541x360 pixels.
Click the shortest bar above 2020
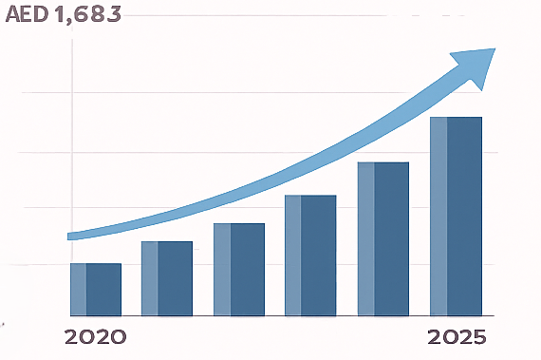click(x=95, y=290)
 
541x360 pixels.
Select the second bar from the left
click(x=167, y=278)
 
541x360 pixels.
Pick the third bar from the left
click(x=239, y=270)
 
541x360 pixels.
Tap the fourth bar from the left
click(x=310, y=256)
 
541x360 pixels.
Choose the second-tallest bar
click(x=382, y=238)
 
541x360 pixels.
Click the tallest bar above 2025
click(x=456, y=216)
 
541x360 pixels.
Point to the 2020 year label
click(x=94, y=337)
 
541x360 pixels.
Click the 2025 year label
click(x=457, y=337)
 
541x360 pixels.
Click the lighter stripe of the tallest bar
click(x=438, y=216)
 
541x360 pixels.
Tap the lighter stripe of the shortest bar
click(x=78, y=290)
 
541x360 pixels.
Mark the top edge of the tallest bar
click(x=456, y=118)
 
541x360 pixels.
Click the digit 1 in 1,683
click(x=62, y=16)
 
